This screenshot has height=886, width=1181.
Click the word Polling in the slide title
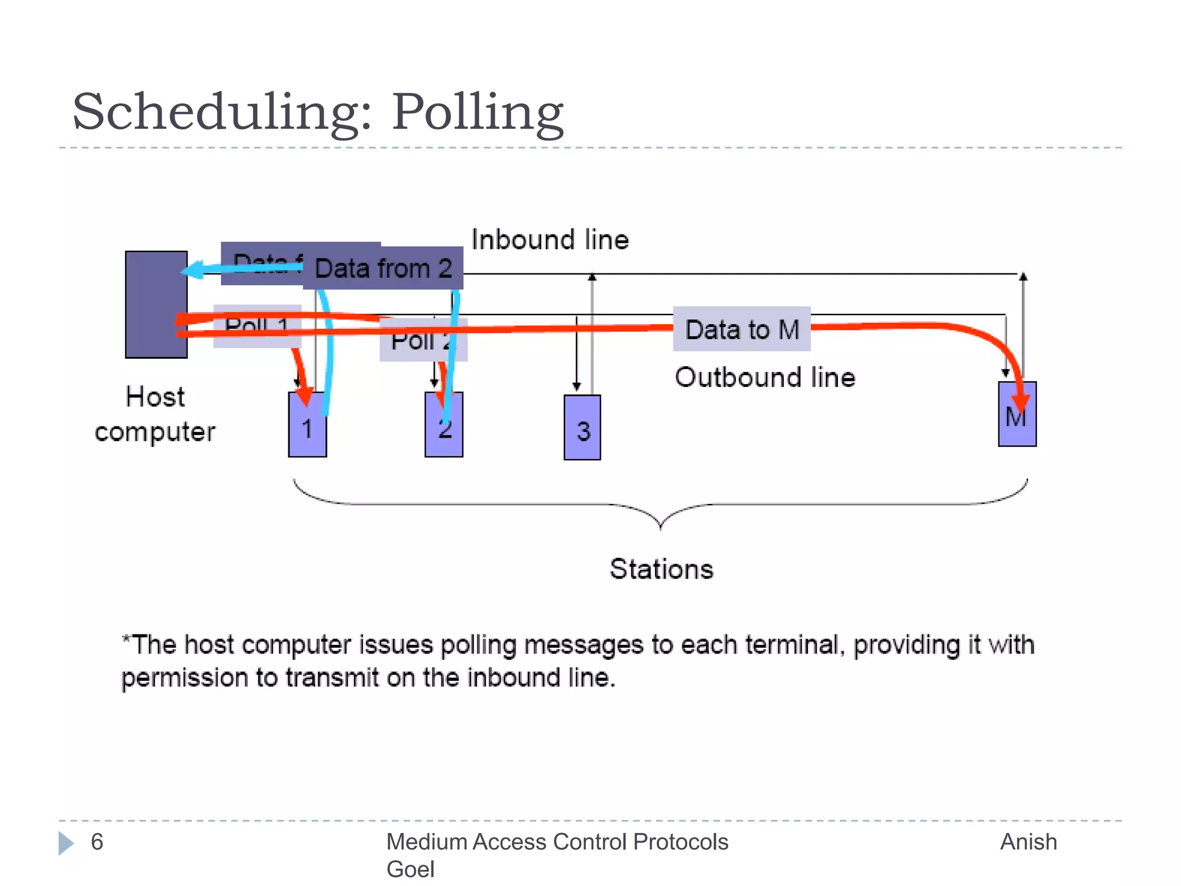pos(477,112)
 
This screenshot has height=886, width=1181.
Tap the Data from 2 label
pos(383,269)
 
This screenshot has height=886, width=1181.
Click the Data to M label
pos(742,329)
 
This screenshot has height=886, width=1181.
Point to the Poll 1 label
pos(257,326)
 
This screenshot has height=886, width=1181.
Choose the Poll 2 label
pos(422,340)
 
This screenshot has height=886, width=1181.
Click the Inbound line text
pos(550,240)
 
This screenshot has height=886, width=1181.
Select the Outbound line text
pos(765,378)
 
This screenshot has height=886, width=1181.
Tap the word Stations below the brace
pos(661,569)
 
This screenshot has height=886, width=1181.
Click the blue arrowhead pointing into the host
pos(193,269)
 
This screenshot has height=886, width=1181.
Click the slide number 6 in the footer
pos(97,842)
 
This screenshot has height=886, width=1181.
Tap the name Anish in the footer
pos(1028,842)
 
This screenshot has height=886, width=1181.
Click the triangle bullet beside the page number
pos(66,843)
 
